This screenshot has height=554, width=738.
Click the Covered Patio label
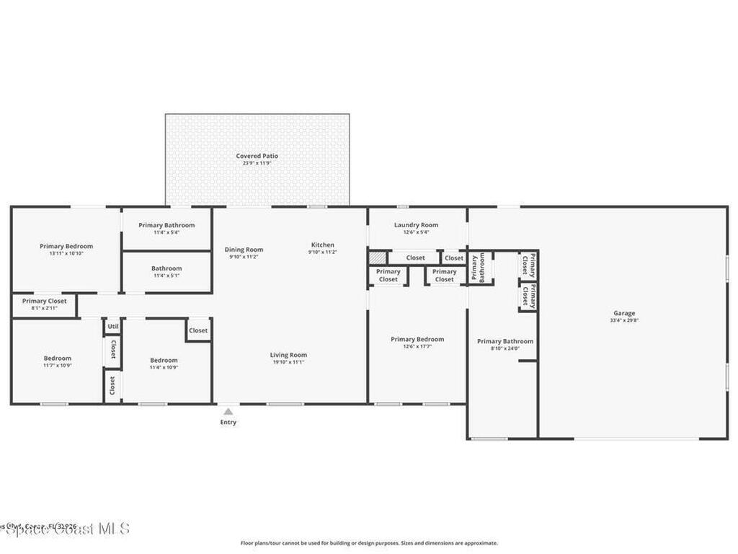(257, 156)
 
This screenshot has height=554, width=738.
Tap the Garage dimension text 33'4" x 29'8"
(624, 321)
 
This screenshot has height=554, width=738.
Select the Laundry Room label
(416, 225)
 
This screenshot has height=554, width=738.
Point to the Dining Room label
(244, 250)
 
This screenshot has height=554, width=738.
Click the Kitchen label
(323, 245)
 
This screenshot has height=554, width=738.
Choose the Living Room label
(288, 355)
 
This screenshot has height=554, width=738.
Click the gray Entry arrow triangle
(228, 411)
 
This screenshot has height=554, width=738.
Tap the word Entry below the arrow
(228, 423)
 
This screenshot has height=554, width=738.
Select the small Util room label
(112, 327)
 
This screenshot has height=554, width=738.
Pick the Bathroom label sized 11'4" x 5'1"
(166, 268)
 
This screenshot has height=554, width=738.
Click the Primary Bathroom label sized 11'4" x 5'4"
(166, 225)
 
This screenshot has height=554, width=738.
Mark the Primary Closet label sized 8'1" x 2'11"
(44, 301)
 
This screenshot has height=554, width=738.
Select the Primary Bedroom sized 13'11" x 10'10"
(66, 246)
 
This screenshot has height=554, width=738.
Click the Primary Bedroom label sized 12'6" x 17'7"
(417, 339)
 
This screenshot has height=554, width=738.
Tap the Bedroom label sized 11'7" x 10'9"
(58, 359)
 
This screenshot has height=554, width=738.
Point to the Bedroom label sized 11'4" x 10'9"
(164, 361)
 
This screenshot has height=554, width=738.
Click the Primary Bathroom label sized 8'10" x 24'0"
(505, 341)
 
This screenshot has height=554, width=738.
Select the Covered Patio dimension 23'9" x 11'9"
(257, 163)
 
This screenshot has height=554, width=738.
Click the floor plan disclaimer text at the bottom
(368, 543)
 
